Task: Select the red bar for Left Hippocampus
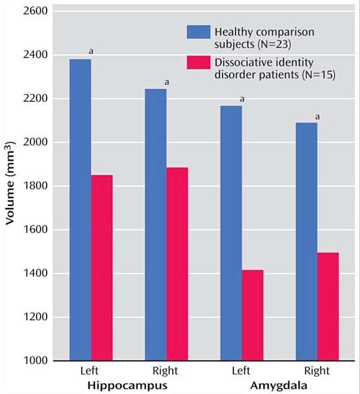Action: pyautogui.click(x=102, y=268)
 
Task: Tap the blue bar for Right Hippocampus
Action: pyautogui.click(x=156, y=225)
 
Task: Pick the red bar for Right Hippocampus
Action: pyautogui.click(x=177, y=264)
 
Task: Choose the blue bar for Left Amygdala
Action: pyautogui.click(x=231, y=233)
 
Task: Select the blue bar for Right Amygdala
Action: pyautogui.click(x=306, y=242)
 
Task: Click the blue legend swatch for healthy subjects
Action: pyautogui.click(x=198, y=32)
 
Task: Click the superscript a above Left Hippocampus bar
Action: pyautogui.click(x=91, y=51)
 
